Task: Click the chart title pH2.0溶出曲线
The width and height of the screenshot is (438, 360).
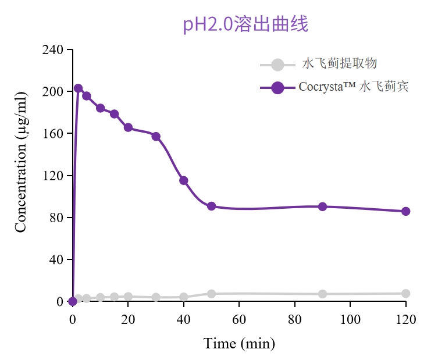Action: [x=245, y=24]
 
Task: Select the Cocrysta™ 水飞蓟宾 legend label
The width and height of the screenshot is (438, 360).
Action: [x=354, y=87]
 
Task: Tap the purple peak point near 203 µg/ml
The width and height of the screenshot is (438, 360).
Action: [x=79, y=88]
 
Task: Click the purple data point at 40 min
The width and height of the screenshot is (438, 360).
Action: [x=184, y=180]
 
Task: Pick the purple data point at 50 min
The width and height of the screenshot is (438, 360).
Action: [x=212, y=206]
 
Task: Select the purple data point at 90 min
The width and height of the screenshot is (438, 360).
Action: [x=323, y=206]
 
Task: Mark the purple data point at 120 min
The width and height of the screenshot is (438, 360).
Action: [x=406, y=211]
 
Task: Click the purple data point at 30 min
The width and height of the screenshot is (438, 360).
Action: [x=156, y=136]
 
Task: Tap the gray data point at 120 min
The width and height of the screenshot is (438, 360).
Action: [x=406, y=294]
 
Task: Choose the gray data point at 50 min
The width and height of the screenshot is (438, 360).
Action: [x=212, y=294]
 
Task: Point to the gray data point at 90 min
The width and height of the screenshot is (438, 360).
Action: [x=323, y=294]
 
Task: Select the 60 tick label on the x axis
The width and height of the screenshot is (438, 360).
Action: [x=239, y=319]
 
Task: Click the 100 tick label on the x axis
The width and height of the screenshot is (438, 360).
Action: [x=350, y=319]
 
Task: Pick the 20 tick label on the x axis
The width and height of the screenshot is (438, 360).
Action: [x=128, y=319]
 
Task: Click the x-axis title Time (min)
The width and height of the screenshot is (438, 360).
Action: [x=239, y=344]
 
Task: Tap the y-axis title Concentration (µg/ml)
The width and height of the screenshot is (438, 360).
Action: [x=21, y=162]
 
